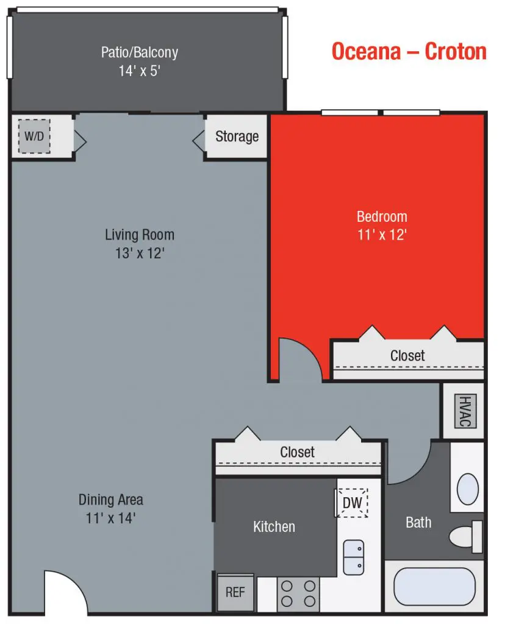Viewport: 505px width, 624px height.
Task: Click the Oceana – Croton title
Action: point(409,51)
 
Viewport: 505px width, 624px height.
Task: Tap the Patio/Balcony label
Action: point(139,52)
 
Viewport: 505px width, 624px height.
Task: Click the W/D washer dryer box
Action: point(34,135)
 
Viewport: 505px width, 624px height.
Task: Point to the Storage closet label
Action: point(237,136)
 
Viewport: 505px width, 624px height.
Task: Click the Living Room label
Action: point(139,235)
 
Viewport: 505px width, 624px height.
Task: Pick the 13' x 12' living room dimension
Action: point(139,253)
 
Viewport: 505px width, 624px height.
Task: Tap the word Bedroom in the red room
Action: point(382,216)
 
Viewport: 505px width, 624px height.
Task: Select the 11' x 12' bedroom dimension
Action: point(382,235)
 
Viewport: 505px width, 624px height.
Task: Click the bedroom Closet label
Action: point(407,355)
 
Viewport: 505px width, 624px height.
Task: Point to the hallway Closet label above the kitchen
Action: point(297,452)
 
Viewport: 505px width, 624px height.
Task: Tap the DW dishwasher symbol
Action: point(353,503)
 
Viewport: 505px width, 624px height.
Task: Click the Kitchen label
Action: point(274,526)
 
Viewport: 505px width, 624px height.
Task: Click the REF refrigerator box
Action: point(235,592)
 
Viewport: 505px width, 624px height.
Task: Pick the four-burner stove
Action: point(298,595)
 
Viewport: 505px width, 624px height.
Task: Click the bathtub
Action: point(434,586)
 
